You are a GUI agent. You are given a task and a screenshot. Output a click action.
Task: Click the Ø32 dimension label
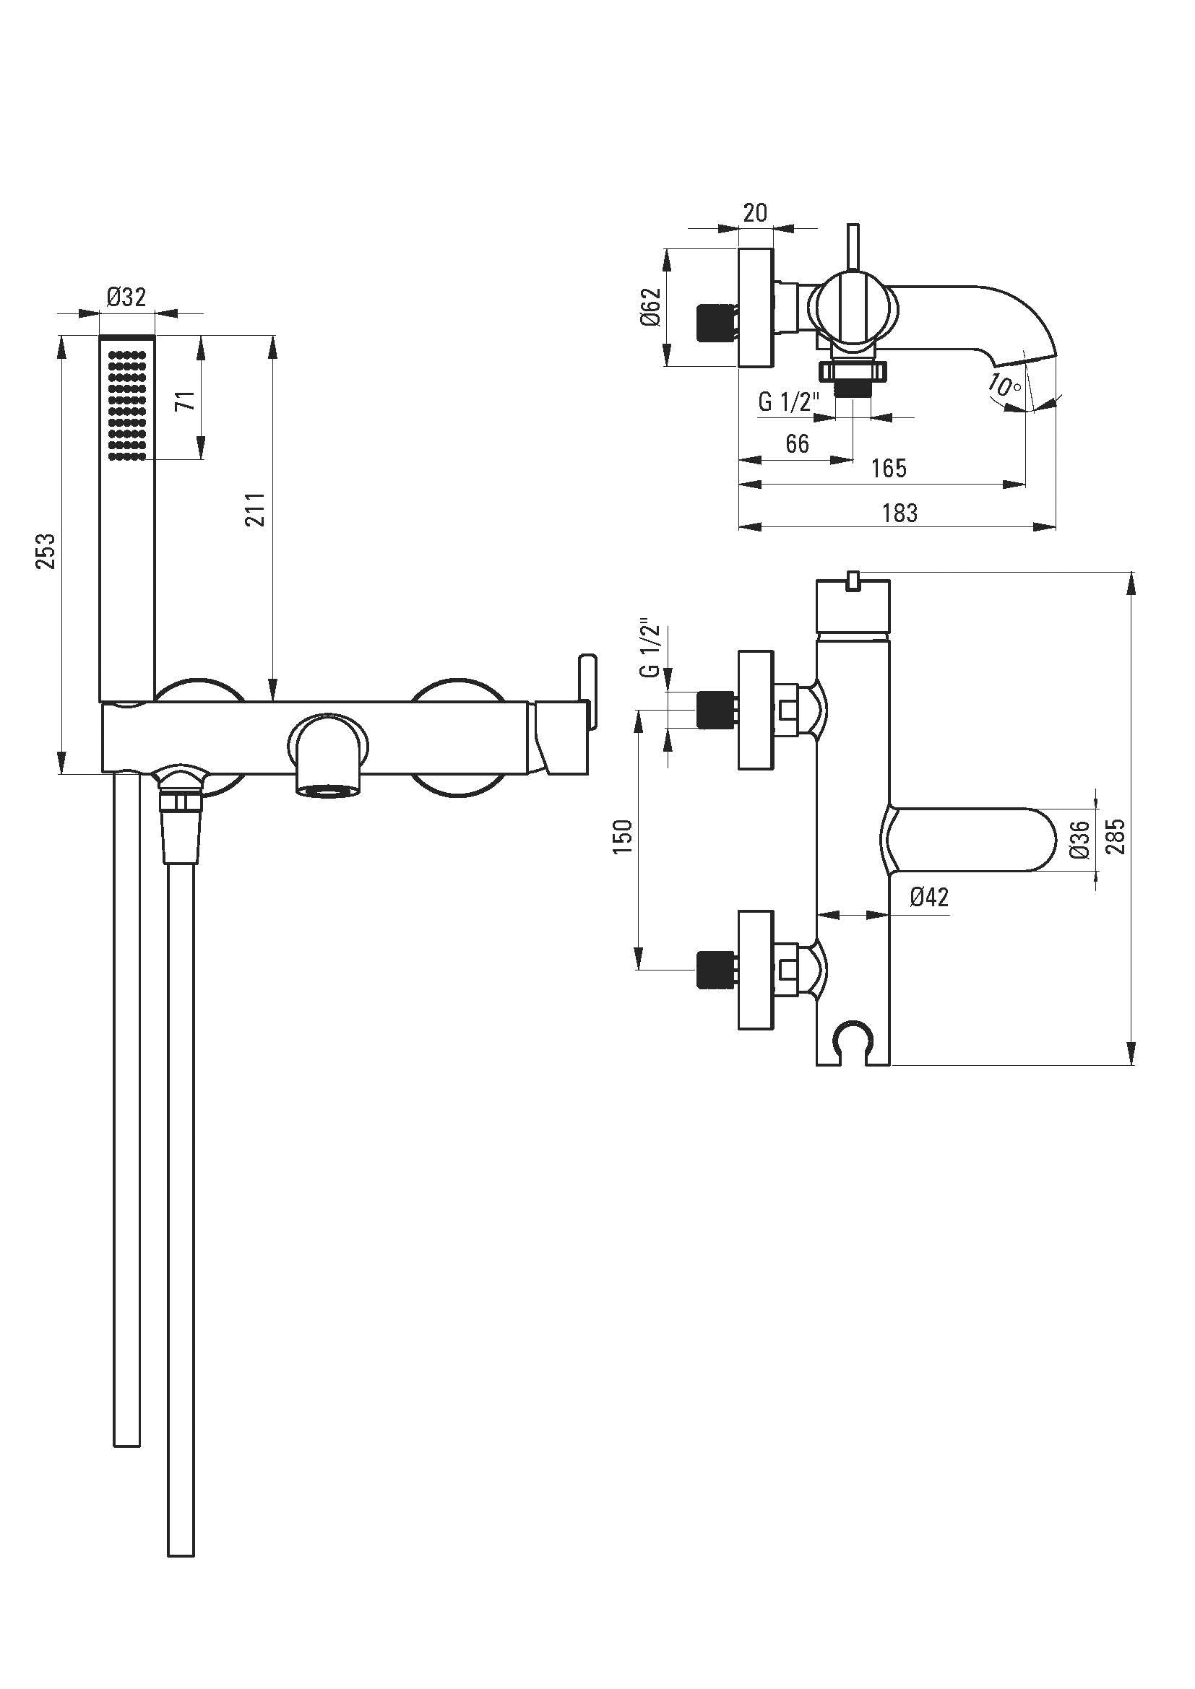[x=126, y=298]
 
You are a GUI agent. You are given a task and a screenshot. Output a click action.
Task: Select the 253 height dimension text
[x=45, y=551]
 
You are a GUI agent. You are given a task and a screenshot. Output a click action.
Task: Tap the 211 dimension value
[x=255, y=509]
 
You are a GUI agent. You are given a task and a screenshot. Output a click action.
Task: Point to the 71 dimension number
[x=186, y=401]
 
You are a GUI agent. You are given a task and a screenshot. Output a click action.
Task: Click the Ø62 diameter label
[x=651, y=307]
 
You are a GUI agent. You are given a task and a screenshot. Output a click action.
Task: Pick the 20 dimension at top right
[x=755, y=213]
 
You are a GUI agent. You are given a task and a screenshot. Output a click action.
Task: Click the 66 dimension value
[x=797, y=444]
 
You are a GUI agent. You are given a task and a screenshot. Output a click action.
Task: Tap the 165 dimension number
[x=889, y=469]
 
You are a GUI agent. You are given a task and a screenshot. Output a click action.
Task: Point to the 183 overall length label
[x=900, y=513]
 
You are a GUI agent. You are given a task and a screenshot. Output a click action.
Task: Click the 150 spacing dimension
[x=624, y=836]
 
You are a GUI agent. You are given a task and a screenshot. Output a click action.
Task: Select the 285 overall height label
[x=1116, y=836]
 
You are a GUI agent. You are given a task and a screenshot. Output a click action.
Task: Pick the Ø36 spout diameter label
[x=1079, y=839]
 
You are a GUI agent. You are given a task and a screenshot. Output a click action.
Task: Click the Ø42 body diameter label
[x=929, y=897]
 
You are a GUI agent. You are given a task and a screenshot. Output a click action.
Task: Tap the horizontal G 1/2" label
[x=789, y=402]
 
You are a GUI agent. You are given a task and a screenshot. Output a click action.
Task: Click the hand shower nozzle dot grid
[x=127, y=405]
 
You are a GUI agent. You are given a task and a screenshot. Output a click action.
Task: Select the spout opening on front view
[x=329, y=791]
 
